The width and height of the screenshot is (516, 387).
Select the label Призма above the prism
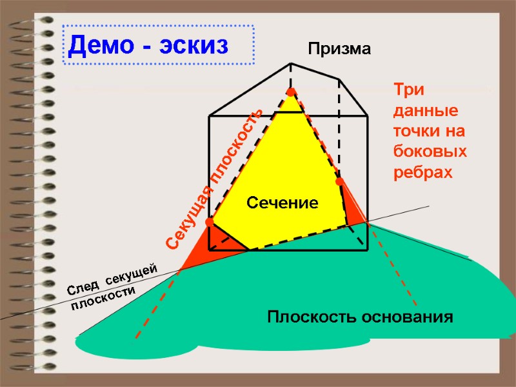click(x=339, y=48)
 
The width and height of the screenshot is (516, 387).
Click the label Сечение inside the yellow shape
click(x=283, y=204)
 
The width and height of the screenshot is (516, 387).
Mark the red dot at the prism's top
click(x=291, y=92)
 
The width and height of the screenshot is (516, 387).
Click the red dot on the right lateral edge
click(x=339, y=181)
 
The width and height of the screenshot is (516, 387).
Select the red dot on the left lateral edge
click(x=209, y=222)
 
